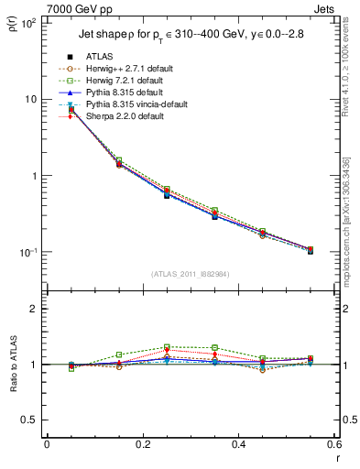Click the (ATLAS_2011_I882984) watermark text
click(x=190, y=273)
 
